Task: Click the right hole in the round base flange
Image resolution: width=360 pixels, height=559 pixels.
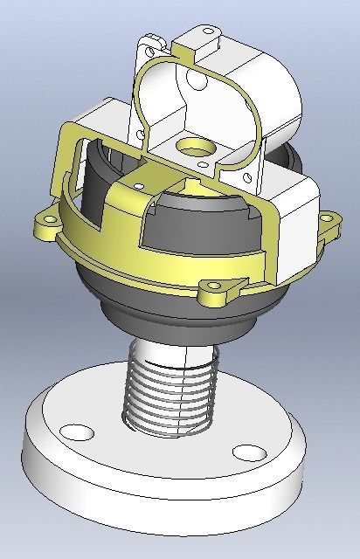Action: coord(250,452)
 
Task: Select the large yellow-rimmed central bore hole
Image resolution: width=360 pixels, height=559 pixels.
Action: coord(190,145)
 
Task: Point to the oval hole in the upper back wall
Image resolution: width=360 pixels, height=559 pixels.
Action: coord(197,86)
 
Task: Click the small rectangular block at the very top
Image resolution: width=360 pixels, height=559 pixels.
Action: coord(207,37)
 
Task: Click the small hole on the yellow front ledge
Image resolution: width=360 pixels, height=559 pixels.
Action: coord(140,185)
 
